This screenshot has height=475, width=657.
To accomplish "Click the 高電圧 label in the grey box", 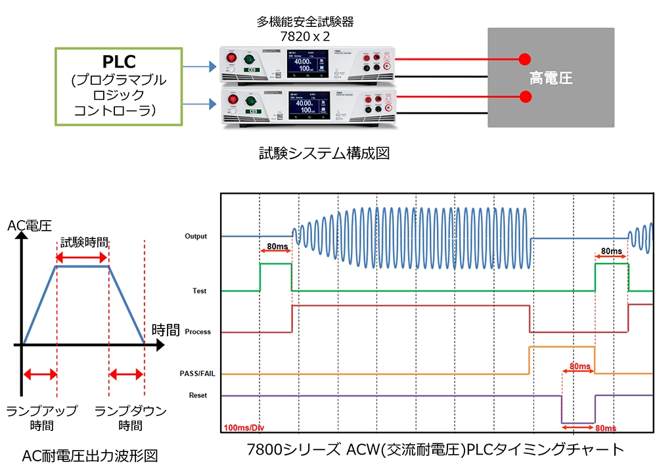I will (x=551, y=79).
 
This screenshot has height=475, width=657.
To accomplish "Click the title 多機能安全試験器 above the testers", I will (x=305, y=22).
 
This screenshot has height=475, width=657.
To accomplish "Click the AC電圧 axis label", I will (x=30, y=227).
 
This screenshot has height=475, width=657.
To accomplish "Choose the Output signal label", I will (x=196, y=236).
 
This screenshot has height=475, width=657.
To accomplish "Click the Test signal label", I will (x=200, y=290).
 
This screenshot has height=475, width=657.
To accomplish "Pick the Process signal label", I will (x=198, y=332).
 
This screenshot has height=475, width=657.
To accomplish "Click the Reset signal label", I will (x=198, y=396).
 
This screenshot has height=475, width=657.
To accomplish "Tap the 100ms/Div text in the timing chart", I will (x=242, y=426).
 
